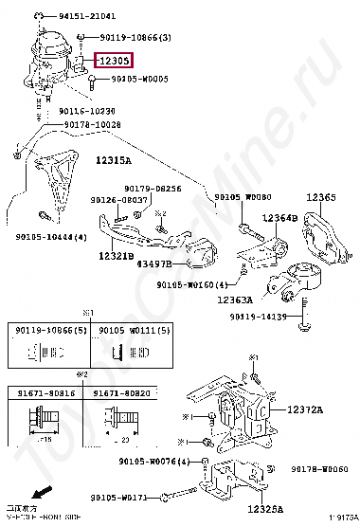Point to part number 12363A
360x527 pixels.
click(x=234, y=300)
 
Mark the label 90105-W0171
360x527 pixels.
click(x=118, y=497)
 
